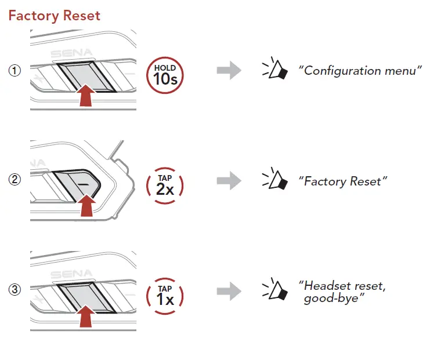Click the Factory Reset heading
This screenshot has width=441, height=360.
click(55, 15)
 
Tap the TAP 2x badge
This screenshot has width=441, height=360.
click(165, 183)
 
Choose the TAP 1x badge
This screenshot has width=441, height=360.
click(165, 293)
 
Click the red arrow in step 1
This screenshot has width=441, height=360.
click(85, 96)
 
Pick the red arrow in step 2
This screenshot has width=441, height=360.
click(86, 205)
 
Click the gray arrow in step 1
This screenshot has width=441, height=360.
click(228, 71)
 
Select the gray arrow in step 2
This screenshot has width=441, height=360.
click(228, 181)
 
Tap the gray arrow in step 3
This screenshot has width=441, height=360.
click(228, 291)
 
